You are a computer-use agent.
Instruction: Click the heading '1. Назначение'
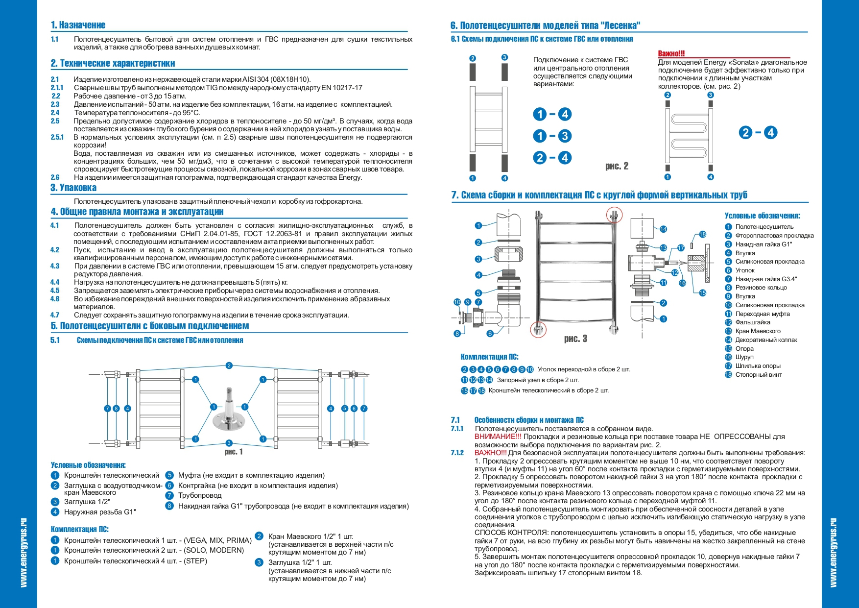tap(78, 25)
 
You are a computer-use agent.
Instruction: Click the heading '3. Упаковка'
tap(73, 188)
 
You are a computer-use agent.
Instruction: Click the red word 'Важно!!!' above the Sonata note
tap(671, 53)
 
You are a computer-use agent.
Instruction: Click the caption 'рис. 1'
tap(234, 452)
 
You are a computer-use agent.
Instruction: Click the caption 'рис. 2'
tap(617, 166)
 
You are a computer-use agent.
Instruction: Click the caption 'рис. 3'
tap(575, 339)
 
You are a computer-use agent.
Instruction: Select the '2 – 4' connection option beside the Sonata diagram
tap(757, 132)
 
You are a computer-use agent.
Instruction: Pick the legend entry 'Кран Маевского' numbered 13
tap(758, 331)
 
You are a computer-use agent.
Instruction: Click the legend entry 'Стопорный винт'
tap(758, 375)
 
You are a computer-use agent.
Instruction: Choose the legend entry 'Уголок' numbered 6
tap(744, 270)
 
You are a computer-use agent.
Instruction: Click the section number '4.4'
tap(55, 282)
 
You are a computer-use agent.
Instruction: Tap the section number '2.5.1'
tap(57, 137)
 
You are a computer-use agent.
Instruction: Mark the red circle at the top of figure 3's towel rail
tap(614, 215)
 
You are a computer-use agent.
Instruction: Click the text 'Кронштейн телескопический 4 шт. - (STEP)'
tap(135, 561)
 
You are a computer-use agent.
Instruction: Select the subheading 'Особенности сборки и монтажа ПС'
tap(529, 420)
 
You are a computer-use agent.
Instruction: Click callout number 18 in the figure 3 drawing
tap(703, 235)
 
